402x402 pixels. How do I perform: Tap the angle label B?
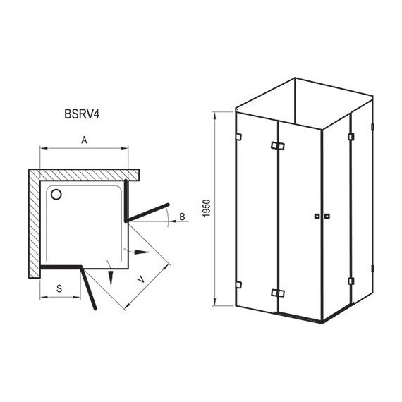[182, 216]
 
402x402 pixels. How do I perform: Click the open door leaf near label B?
[148, 212]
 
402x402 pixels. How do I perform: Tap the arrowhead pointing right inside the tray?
[142, 252]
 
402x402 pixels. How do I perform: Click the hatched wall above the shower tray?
[85, 173]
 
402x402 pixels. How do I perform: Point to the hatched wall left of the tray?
[35, 226]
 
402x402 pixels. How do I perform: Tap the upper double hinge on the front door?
[276, 147]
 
